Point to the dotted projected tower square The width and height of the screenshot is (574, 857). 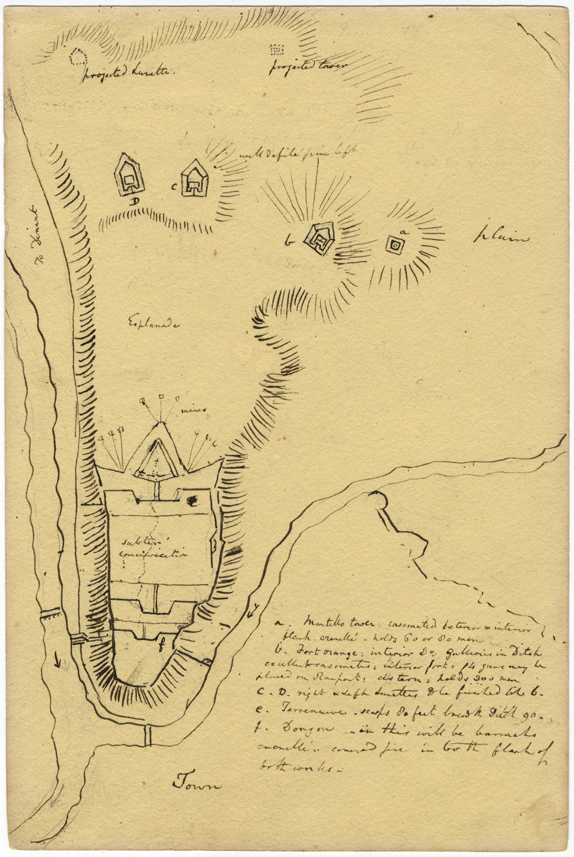pyautogui.click(x=277, y=49)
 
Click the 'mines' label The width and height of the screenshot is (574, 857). pyautogui.click(x=193, y=407)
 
